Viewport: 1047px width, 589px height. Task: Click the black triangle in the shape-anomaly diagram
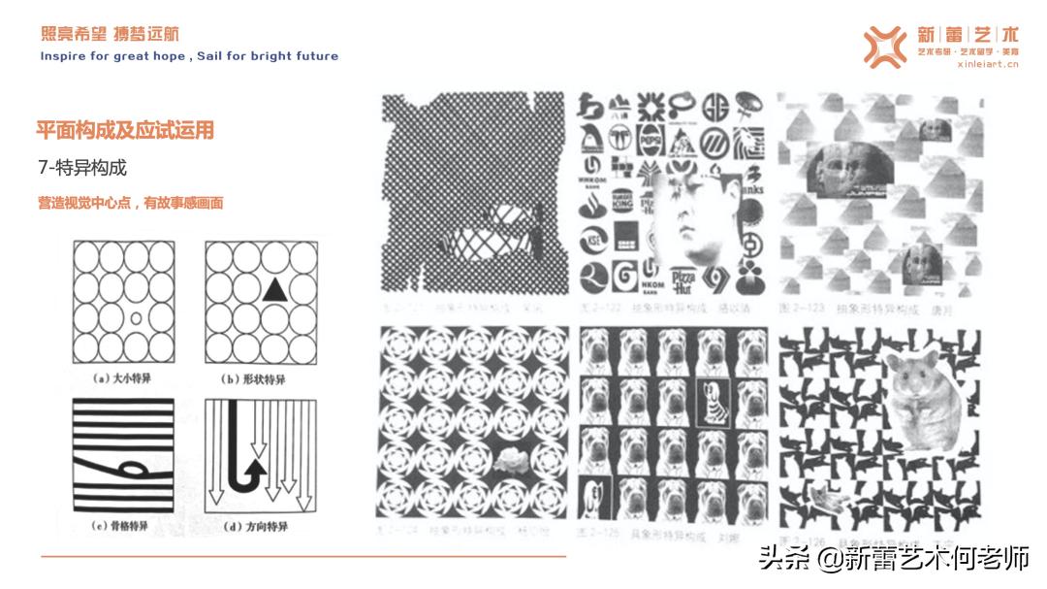point(274,287)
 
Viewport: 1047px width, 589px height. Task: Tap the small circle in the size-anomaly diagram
point(136,317)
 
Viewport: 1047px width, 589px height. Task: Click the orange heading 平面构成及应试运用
point(125,130)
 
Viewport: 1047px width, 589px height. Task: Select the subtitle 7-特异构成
point(82,168)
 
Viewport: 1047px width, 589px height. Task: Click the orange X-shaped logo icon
point(884,47)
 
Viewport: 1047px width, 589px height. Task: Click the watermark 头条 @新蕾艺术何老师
point(893,557)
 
